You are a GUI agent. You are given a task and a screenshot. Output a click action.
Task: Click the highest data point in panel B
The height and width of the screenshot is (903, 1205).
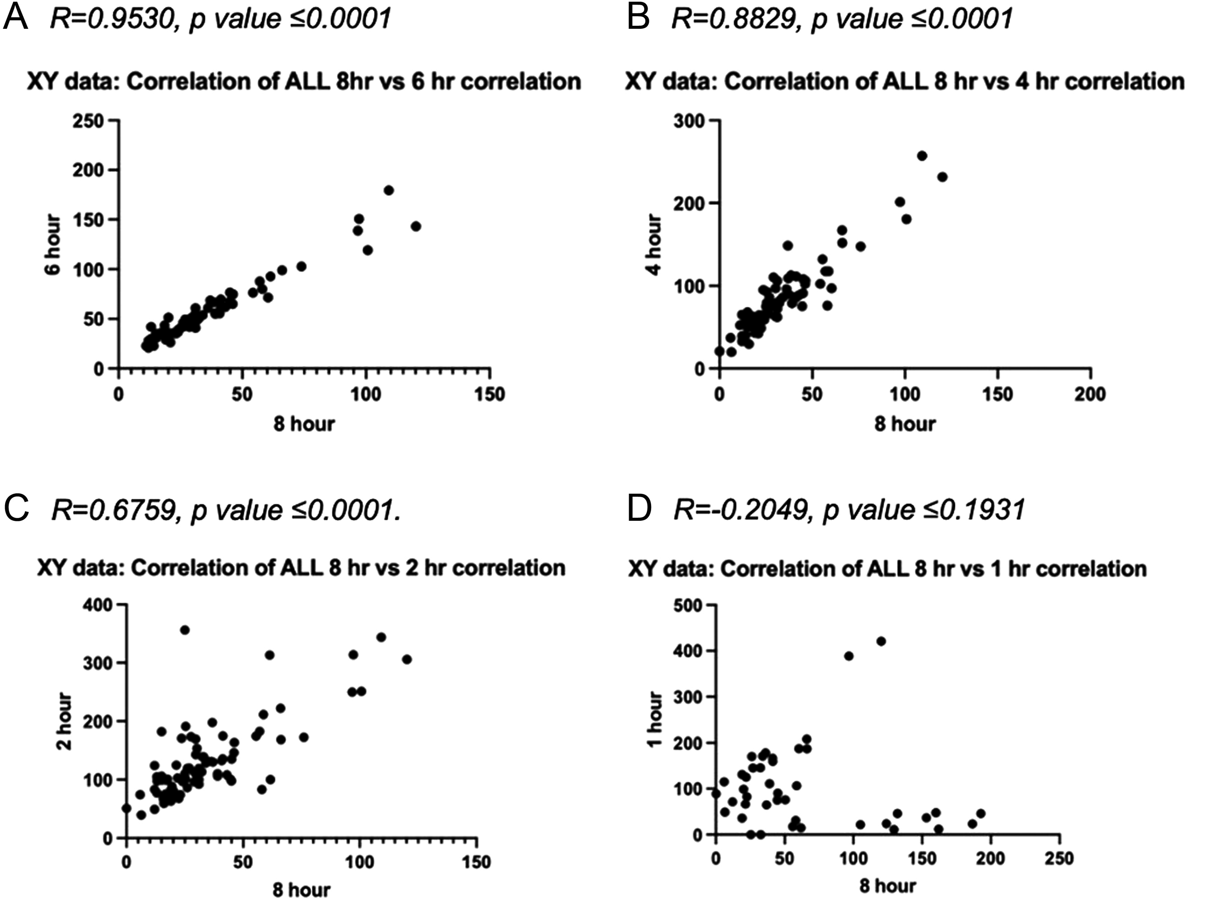pyautogui.click(x=922, y=156)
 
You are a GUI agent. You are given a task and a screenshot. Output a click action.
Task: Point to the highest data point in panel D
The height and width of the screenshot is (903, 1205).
pyautogui.click(x=881, y=641)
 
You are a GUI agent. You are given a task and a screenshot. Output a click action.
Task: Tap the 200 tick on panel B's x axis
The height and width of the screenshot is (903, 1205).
pyautogui.click(x=1089, y=394)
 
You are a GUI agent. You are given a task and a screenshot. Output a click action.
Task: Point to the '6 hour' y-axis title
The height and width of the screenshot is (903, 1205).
pyautogui.click(x=53, y=245)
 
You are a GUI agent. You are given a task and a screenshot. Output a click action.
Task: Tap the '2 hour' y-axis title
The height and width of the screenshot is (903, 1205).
pyautogui.click(x=64, y=721)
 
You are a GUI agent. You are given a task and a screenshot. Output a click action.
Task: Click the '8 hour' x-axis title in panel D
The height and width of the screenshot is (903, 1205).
pyautogui.click(x=888, y=885)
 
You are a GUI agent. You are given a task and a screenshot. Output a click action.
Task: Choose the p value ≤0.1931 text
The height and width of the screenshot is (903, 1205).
pyautogui.click(x=923, y=510)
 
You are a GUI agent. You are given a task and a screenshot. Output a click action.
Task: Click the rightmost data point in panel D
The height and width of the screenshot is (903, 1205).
pyautogui.click(x=981, y=814)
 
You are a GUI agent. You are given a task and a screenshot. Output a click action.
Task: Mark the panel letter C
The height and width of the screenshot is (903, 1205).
pyautogui.click(x=16, y=509)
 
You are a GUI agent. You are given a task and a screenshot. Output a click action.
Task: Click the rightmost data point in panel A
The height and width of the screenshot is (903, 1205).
pyautogui.click(x=416, y=226)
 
